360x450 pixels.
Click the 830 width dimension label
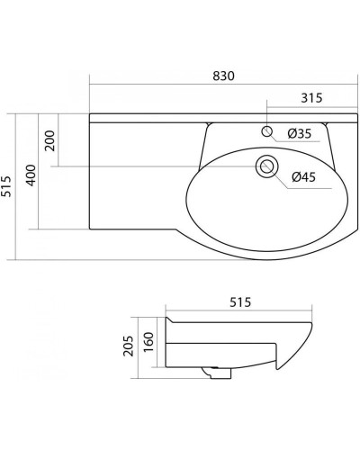coord(223,76)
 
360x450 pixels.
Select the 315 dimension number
coord(311,98)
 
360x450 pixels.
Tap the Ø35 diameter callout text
coord(300,133)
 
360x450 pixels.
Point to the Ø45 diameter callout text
coord(303,177)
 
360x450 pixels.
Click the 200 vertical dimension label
coord(49,140)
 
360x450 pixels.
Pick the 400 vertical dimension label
coord(31,175)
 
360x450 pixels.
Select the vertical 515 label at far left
coord(6,186)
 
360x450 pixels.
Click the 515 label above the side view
coord(240,302)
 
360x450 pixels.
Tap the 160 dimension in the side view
coord(148,342)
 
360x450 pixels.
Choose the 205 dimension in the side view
coord(129,346)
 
